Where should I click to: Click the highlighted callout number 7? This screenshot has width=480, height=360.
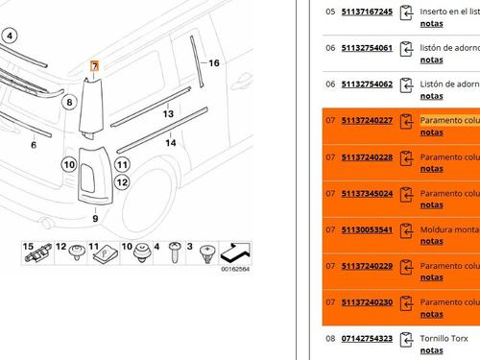(95, 66)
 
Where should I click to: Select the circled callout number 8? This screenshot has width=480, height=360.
(69, 103)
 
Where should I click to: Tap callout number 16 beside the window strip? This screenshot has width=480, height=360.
(214, 63)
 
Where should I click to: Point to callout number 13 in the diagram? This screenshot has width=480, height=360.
(168, 113)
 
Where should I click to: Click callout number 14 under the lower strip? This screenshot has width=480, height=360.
(171, 142)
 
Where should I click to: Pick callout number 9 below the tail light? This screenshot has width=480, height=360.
(95, 219)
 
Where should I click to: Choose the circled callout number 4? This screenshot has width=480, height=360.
(10, 36)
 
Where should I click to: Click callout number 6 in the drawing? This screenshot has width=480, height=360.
(34, 145)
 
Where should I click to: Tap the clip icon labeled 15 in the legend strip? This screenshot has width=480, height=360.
(38, 252)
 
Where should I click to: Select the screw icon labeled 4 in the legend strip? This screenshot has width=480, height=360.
(175, 252)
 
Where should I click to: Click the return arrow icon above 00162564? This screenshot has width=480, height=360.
(235, 252)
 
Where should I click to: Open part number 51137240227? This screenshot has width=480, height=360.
(367, 120)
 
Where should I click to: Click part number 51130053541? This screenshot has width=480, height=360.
(367, 229)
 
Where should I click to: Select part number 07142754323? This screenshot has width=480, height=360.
(367, 339)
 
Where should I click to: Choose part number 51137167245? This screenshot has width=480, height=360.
(367, 12)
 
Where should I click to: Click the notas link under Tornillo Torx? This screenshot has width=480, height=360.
(432, 350)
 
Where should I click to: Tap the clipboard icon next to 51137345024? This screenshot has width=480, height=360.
(406, 195)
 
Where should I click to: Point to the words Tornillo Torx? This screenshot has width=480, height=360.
(444, 339)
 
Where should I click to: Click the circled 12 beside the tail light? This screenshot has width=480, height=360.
(122, 182)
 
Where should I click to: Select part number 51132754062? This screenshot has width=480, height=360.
(367, 84)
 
